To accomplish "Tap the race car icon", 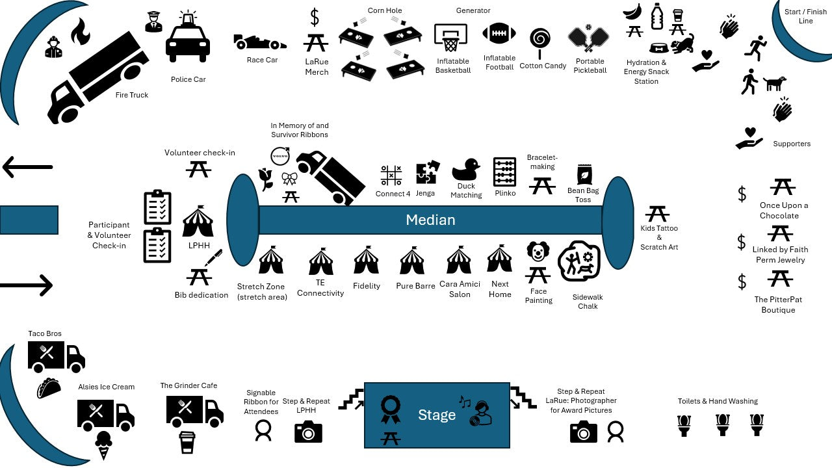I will click(259, 42).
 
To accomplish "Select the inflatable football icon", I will click(499, 34).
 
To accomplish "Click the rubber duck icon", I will click(465, 170).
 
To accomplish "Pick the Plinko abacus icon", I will click(504, 172).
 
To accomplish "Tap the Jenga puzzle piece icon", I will click(427, 173).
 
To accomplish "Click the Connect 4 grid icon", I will click(391, 175).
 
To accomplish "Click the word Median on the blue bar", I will click(430, 220).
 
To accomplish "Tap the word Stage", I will click(437, 415).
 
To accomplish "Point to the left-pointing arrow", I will click(27, 167).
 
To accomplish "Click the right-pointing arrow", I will click(27, 285).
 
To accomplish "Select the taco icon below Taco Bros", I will click(49, 388).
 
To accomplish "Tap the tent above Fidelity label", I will click(366, 260).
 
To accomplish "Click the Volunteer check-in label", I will click(200, 153).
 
